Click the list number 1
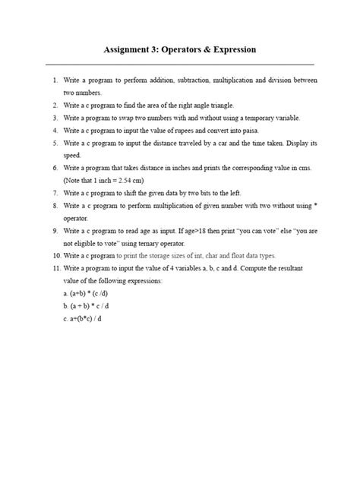55,80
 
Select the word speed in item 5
73,155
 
